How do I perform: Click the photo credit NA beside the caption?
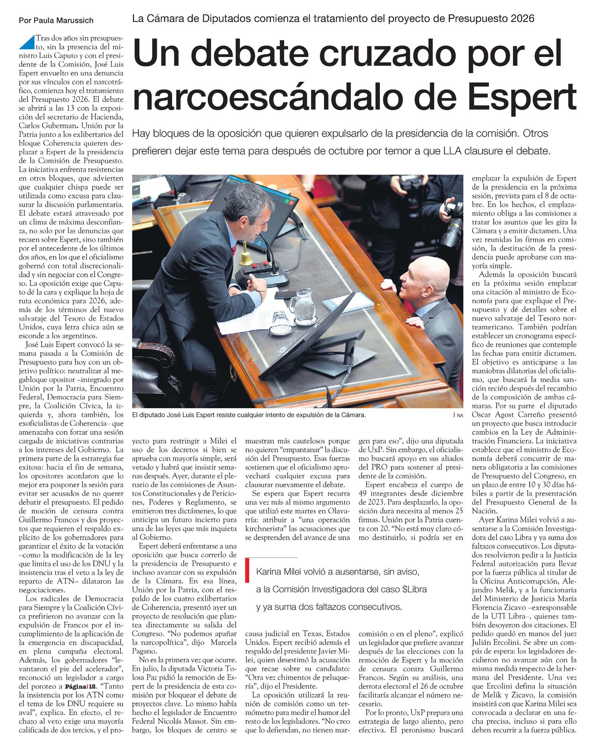[460, 416]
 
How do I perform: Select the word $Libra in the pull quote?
[414, 589]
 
